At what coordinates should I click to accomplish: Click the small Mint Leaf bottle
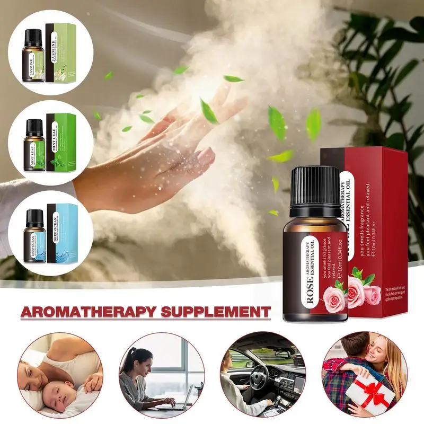coord(34,146)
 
